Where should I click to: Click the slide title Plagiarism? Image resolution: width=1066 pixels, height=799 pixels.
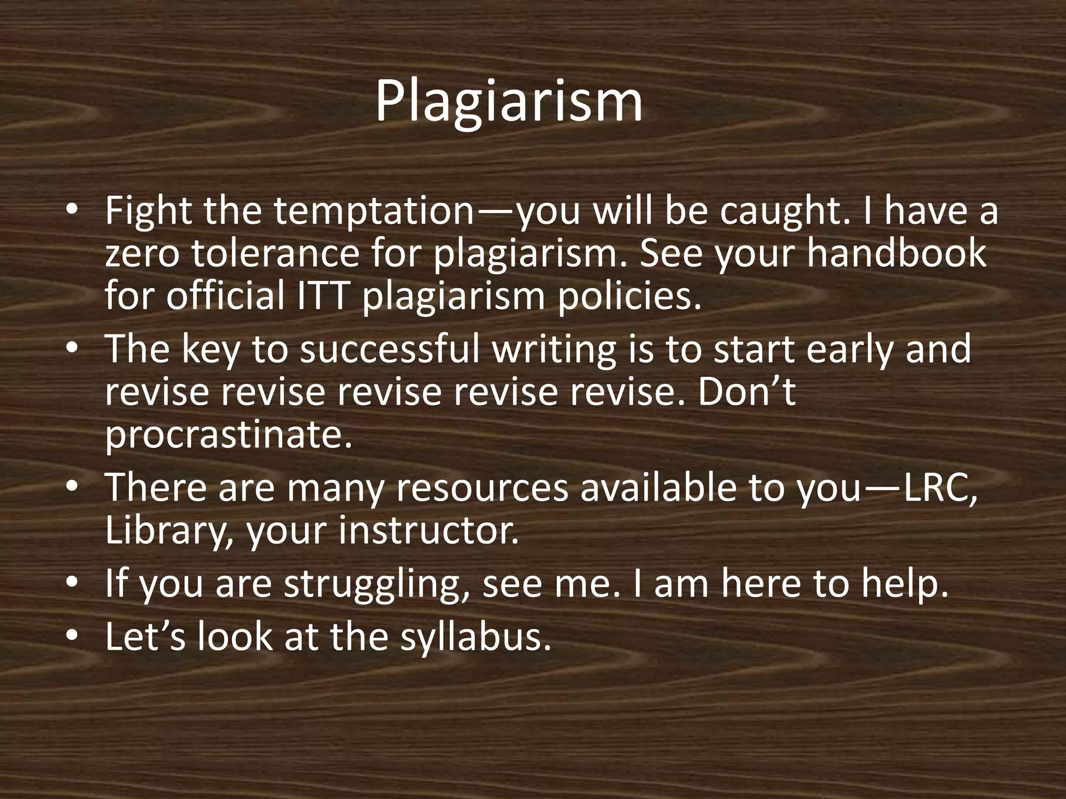(509, 101)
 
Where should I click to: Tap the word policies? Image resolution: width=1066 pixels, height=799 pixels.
(627, 295)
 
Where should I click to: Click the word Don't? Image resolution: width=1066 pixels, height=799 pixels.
(746, 391)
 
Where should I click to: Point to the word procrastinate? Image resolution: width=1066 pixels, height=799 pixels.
(229, 434)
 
